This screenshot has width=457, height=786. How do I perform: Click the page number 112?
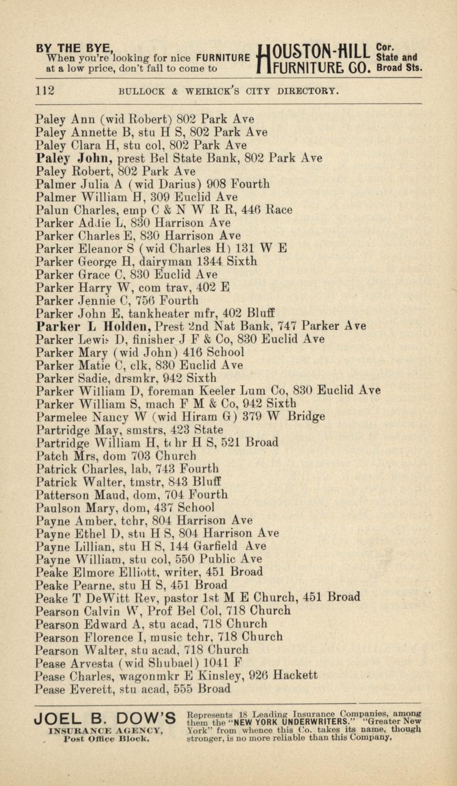[x=44, y=89]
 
